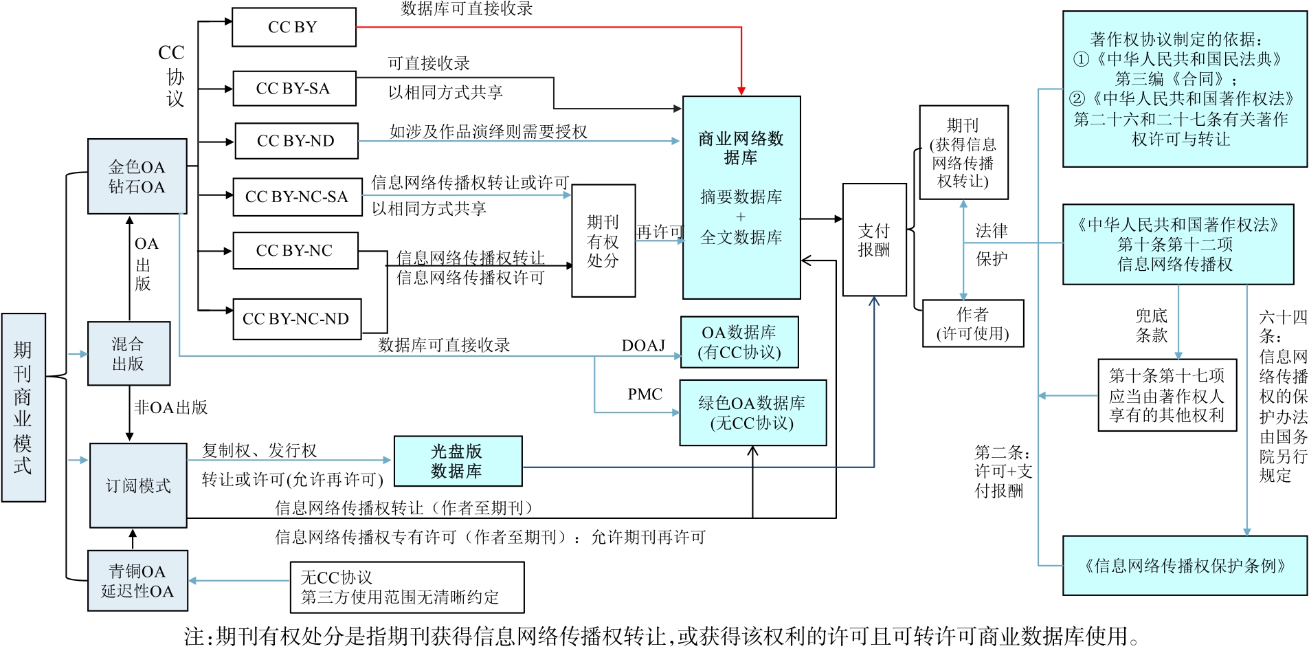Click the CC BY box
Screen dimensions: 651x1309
(294, 27)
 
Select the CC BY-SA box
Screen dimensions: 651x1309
(294, 89)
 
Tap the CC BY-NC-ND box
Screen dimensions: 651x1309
(297, 319)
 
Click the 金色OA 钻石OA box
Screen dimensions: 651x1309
(137, 177)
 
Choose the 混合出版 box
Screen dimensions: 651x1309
(128, 353)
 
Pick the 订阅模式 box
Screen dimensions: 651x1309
(138, 485)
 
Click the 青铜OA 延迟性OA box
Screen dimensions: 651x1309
(137, 581)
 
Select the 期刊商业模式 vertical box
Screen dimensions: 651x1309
(23, 408)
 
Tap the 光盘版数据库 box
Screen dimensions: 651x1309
(457, 461)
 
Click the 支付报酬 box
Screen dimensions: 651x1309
(874, 240)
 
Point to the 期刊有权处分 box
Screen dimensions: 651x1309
(603, 241)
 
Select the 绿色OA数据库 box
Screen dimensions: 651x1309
(752, 412)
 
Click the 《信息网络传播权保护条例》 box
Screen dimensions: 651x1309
(1184, 566)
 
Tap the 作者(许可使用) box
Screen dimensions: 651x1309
(972, 324)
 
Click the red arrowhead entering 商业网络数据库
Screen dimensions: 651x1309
(741, 91)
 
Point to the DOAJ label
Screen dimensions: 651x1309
(643, 345)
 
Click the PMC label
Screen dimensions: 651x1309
(645, 395)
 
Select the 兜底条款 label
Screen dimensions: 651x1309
(1151, 325)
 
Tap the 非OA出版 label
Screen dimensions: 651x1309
(170, 408)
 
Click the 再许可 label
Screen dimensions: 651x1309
(660, 232)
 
